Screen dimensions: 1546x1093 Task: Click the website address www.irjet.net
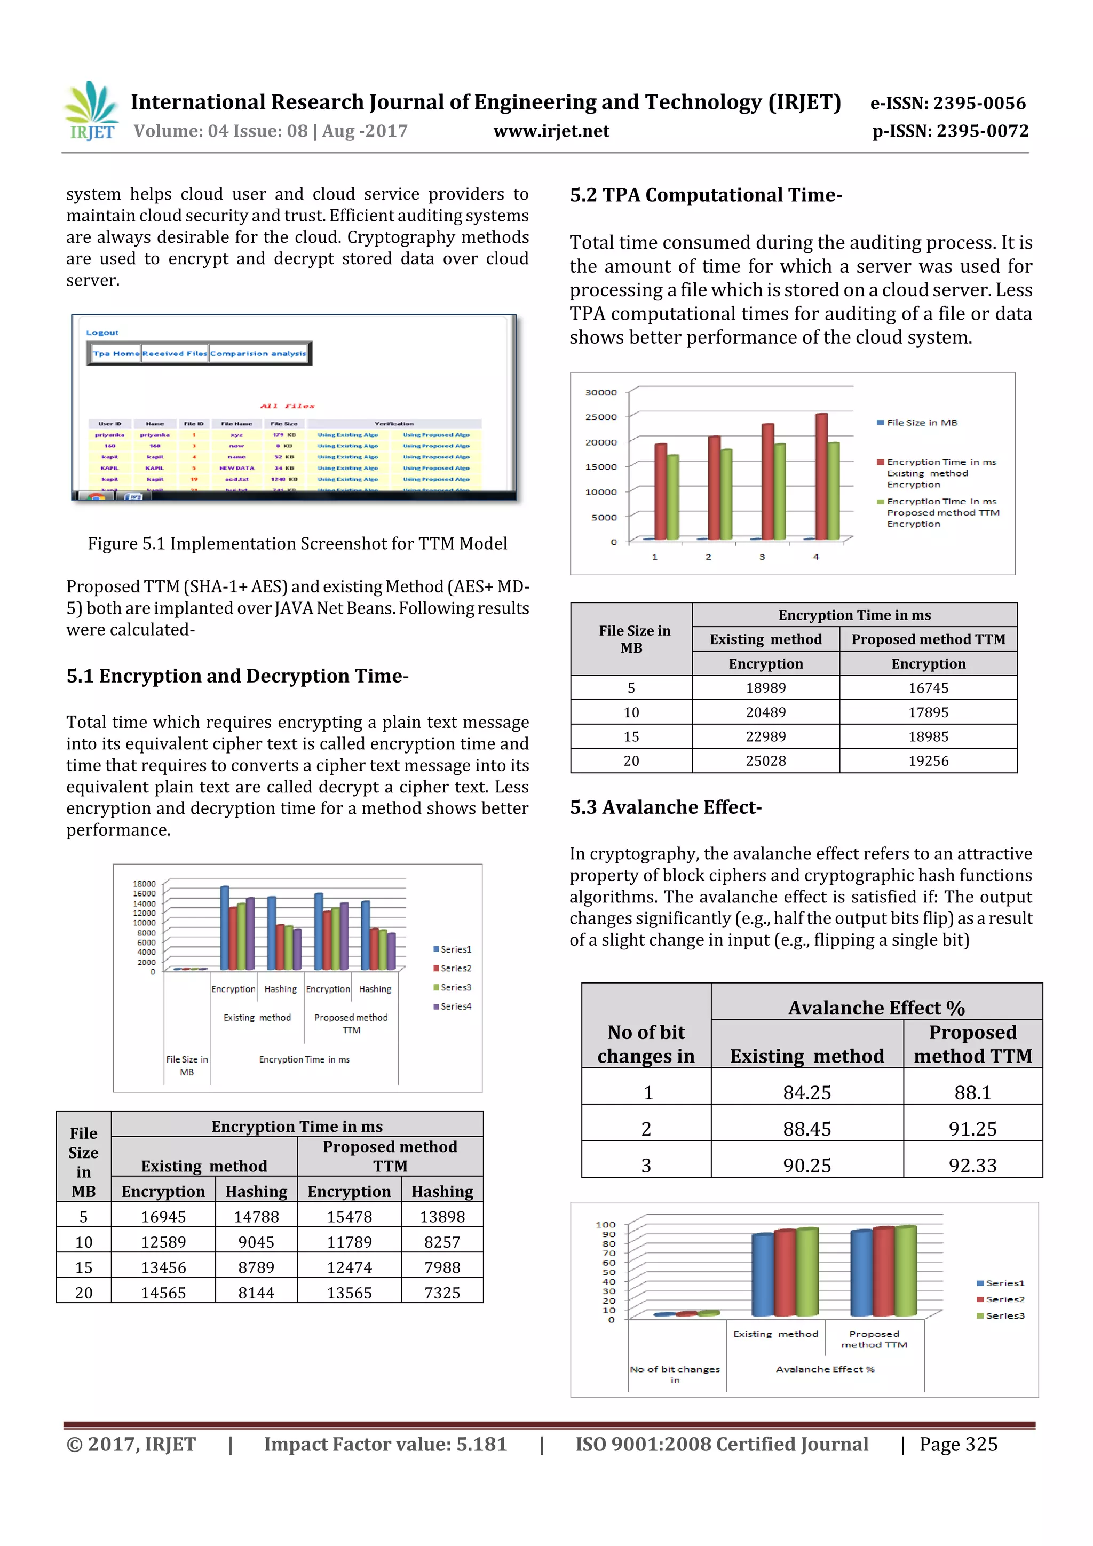click(x=551, y=131)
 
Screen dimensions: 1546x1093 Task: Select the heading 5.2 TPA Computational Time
click(x=705, y=195)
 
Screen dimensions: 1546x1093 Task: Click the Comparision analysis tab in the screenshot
click(x=258, y=353)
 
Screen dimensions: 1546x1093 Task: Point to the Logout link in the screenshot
click(x=102, y=332)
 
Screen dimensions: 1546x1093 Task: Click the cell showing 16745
click(x=928, y=688)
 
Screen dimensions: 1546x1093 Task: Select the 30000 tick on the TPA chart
click(x=601, y=393)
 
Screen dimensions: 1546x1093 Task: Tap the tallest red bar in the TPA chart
click(x=821, y=476)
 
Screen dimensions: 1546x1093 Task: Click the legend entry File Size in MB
click(x=921, y=423)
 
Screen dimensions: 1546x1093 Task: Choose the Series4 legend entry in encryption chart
click(x=455, y=1006)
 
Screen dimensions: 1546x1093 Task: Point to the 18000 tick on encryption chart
click(x=144, y=883)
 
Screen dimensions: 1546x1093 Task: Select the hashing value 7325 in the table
click(x=442, y=1293)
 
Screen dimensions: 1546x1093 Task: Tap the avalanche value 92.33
click(x=972, y=1166)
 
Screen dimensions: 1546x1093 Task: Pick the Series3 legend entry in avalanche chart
click(x=1004, y=1315)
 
